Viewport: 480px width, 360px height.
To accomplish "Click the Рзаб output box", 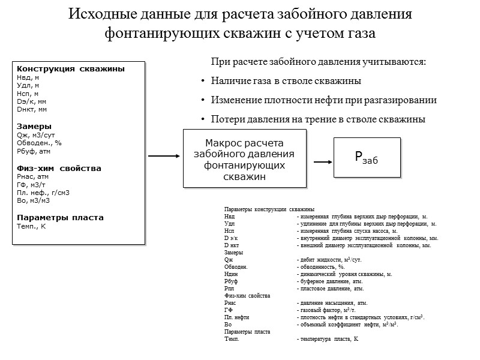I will coord(367,157).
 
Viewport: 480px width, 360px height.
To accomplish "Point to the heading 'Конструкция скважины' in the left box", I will coord(71,69).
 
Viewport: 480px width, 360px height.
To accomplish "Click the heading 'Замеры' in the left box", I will coord(34,127).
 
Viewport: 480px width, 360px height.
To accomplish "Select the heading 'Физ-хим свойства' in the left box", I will coord(59,169).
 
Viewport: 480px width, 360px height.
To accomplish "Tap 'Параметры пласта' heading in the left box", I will coord(60,217).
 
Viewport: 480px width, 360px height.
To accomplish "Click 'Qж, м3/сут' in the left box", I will coord(36,135).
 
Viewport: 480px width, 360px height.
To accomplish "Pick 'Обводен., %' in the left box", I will coord(39,143).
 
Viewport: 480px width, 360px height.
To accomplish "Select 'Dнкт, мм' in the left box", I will coord(32,110).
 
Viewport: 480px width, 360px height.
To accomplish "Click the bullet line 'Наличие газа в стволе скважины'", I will coord(286,80).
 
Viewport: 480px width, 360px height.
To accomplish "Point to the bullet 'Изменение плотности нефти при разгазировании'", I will coord(323,100).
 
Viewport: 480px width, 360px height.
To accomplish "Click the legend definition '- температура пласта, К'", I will coord(327,339).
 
